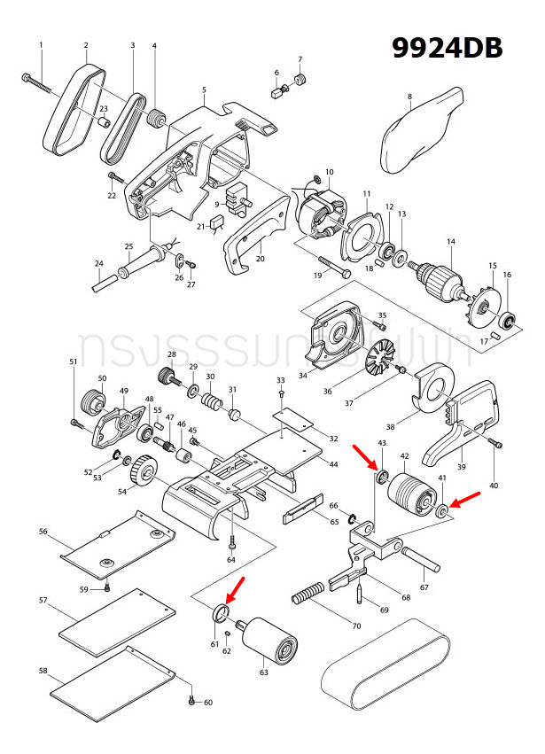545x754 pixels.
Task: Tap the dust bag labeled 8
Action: (x=422, y=132)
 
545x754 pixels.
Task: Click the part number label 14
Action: (x=450, y=242)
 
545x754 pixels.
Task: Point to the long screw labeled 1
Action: (x=41, y=84)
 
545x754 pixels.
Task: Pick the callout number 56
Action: (x=43, y=532)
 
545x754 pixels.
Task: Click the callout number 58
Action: (x=43, y=671)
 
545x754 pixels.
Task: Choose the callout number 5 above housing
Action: (x=204, y=89)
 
